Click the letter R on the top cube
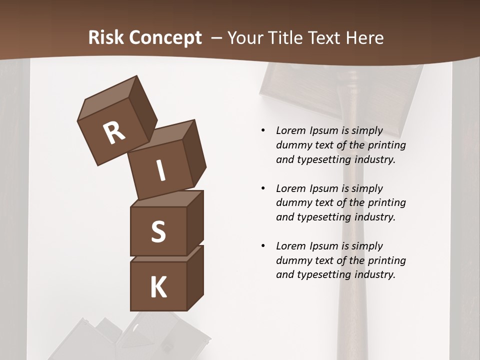coord(114,133)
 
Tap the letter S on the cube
coord(158,232)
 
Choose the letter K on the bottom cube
coord(158,287)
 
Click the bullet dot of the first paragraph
coord(263,131)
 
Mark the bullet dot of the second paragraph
coord(263,188)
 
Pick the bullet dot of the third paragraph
coord(263,246)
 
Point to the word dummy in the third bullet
coord(292,260)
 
